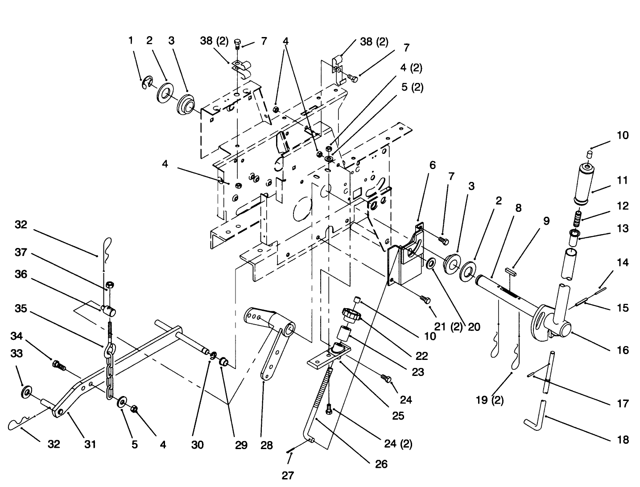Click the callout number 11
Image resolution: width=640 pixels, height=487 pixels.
tap(622, 181)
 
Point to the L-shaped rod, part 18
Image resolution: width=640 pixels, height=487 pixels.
tap(539, 414)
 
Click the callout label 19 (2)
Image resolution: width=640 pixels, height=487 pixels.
tap(490, 400)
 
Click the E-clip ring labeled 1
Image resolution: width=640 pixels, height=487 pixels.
tap(146, 83)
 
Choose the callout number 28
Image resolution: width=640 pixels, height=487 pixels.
tap(266, 445)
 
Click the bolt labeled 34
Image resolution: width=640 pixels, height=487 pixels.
tap(59, 366)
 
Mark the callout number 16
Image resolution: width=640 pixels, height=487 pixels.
tap(622, 350)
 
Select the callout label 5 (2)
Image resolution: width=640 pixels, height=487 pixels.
tap(412, 87)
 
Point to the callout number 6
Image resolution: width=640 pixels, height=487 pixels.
tap(432, 165)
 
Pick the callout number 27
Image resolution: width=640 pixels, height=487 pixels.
tap(288, 475)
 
